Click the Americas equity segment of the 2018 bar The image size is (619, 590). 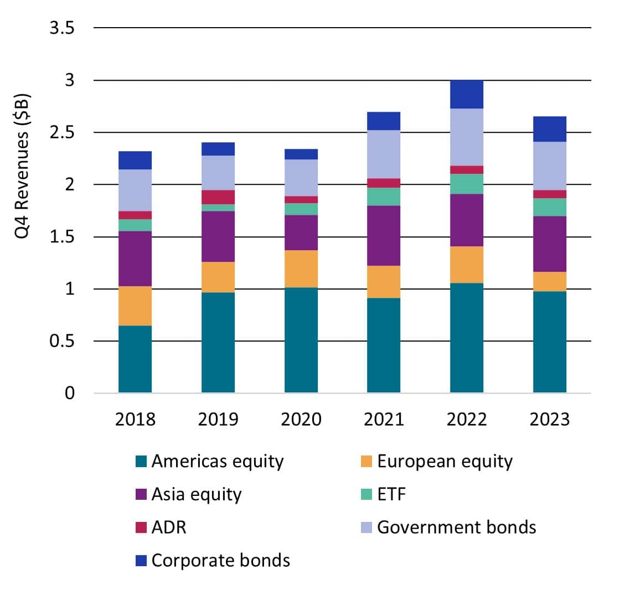(x=135, y=359)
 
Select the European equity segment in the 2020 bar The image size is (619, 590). (x=301, y=269)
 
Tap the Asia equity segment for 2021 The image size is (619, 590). (x=384, y=236)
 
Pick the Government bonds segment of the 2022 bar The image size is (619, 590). (x=467, y=137)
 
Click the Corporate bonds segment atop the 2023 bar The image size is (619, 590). (x=550, y=129)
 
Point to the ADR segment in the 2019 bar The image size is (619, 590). (x=218, y=197)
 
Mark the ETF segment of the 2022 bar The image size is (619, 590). (x=467, y=184)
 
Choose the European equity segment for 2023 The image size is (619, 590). (x=550, y=281)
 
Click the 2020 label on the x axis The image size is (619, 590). (x=301, y=419)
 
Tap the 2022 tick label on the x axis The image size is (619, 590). (x=467, y=419)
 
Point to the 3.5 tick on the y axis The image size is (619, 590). (x=62, y=28)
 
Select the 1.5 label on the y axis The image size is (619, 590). (x=62, y=237)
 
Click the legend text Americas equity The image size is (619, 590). (x=218, y=461)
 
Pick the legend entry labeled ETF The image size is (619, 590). (x=391, y=494)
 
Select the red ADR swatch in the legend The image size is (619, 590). (x=141, y=527)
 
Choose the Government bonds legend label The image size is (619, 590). (x=457, y=527)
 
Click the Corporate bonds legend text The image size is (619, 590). (x=221, y=560)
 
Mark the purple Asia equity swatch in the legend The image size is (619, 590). (x=141, y=494)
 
